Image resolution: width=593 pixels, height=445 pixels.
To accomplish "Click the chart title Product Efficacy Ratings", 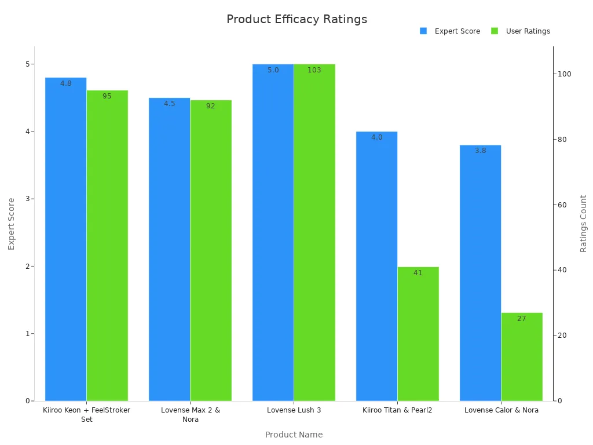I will point(296,20).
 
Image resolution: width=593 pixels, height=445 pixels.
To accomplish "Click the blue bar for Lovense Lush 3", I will point(273,232).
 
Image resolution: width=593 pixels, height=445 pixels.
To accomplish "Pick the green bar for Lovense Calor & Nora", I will point(522,356).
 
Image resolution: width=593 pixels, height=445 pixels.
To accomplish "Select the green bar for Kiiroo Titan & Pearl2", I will point(418,334).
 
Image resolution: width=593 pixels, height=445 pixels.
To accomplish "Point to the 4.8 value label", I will point(66,83).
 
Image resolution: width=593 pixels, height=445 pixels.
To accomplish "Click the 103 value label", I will point(314,70).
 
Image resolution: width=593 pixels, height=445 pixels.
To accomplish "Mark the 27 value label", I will point(521,319).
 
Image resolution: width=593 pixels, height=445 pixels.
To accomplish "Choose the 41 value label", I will point(418,273).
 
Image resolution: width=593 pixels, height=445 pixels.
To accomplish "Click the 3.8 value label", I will point(480,151).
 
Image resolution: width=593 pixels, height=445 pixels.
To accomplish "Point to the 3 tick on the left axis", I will point(27,199).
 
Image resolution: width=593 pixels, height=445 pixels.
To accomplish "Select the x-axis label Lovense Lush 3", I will point(294,410).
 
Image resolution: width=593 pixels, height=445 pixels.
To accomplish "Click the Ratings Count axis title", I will point(583,223).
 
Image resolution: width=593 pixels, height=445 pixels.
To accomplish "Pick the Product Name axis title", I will point(294,435).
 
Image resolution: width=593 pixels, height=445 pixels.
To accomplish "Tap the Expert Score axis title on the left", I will point(12,223).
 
